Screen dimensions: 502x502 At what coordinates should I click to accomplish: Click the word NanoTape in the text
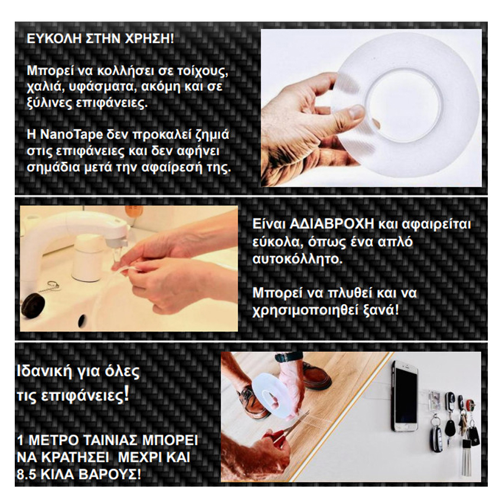tap(71, 135)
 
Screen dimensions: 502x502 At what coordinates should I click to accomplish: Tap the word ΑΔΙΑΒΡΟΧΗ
tap(332, 224)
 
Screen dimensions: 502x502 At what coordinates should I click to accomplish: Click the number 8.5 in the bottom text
tap(26, 474)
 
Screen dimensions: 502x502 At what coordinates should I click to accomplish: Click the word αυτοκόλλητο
tap(298, 259)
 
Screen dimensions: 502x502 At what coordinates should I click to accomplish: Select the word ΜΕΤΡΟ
tap(54, 440)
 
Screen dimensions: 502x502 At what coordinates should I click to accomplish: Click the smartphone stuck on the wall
tap(405, 396)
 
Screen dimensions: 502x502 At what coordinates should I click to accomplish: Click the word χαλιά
tap(43, 87)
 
